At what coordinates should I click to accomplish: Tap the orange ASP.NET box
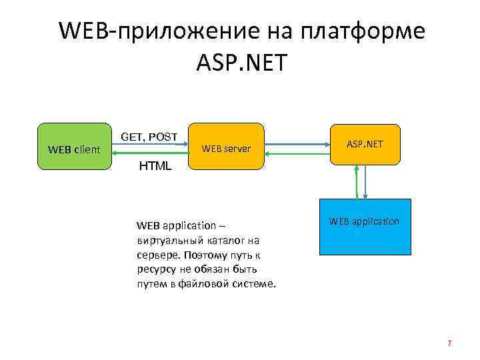[x=365, y=144]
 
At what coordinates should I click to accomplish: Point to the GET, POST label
[x=149, y=137]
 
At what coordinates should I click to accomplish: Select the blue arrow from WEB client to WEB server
[x=151, y=145]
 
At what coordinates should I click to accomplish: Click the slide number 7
[x=449, y=343]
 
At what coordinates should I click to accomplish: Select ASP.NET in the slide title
[x=241, y=63]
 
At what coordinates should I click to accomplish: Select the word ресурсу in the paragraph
[x=154, y=269]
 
